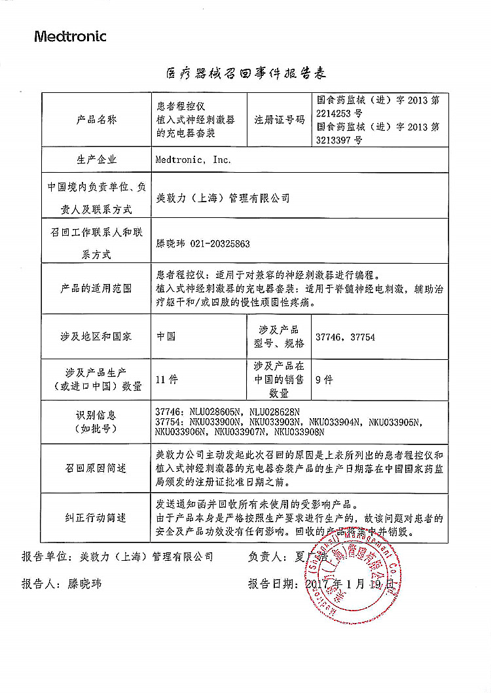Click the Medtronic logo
[70, 37]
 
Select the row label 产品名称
[96, 120]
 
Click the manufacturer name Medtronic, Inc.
[193, 159]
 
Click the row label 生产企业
[96, 160]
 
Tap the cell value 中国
[166, 336]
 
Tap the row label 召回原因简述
[96, 469]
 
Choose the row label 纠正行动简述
[96, 518]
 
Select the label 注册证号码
[280, 120]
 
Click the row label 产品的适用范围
[96, 289]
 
